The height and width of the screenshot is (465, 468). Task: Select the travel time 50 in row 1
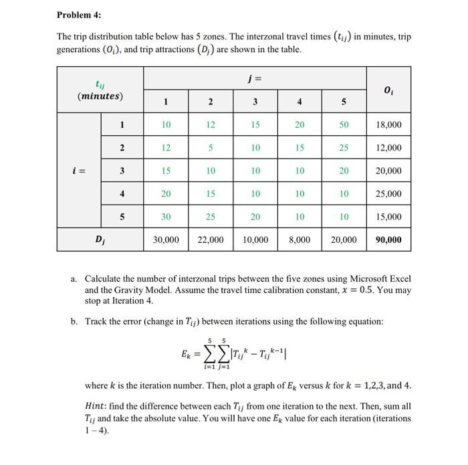tap(343, 125)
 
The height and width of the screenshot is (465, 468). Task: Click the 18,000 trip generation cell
tap(388, 125)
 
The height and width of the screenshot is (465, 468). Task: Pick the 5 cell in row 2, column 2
tap(210, 148)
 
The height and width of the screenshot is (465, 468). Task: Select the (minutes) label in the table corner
tap(100, 96)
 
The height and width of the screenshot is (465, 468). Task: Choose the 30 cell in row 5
tap(166, 217)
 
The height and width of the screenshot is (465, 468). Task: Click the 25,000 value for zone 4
tap(388, 194)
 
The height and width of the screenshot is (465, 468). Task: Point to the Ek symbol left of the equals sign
tap(186, 353)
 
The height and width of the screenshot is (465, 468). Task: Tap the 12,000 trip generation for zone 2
tap(388, 148)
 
